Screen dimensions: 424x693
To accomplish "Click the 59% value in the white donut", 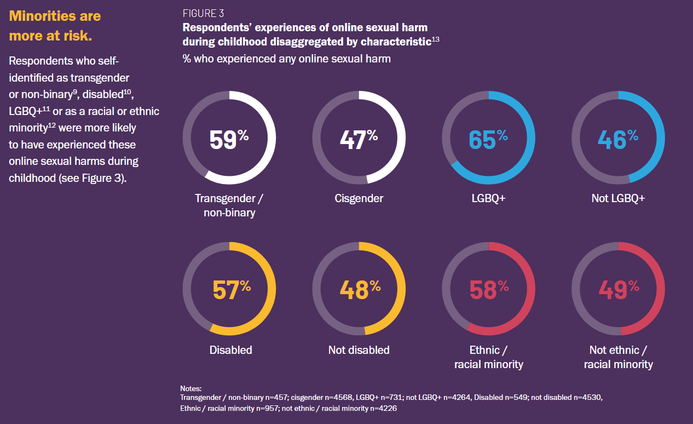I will point(229,139).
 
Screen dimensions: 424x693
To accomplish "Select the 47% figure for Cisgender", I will point(359,139).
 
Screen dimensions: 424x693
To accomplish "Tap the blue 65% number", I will point(488,139).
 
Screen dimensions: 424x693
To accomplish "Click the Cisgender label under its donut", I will point(359,198).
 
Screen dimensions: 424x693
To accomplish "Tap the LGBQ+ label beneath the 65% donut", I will point(488,198).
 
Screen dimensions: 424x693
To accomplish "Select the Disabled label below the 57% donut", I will point(230,350).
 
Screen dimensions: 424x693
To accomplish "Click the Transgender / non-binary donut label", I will point(229,205).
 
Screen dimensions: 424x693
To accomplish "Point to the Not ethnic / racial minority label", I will point(618,357).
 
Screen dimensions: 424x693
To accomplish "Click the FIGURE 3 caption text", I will point(203,14).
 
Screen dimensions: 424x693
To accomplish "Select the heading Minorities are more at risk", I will point(55,26).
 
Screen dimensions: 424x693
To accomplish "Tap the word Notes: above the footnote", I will point(191,388).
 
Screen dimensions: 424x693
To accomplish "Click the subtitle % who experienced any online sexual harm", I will point(286,59).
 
